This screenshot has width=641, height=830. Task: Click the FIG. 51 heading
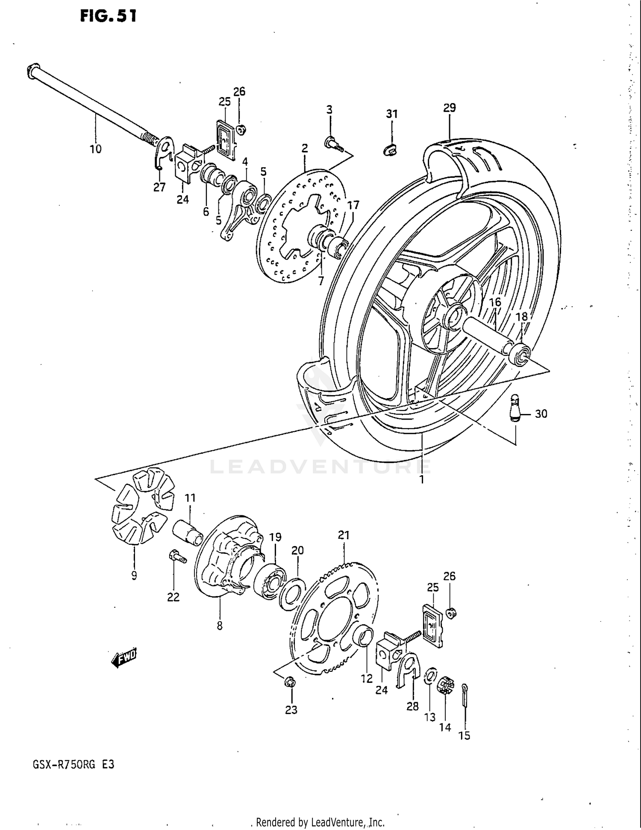(108, 16)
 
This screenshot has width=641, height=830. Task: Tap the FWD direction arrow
(124, 659)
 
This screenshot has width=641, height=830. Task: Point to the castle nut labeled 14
(445, 685)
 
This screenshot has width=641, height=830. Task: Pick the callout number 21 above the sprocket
(344, 535)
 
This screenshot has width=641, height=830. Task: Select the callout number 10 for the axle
(96, 149)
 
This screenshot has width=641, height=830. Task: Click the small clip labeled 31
(390, 149)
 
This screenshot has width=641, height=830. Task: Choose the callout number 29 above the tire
(450, 108)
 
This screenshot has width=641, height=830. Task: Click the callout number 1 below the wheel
(422, 479)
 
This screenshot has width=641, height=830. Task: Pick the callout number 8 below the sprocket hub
(220, 626)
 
